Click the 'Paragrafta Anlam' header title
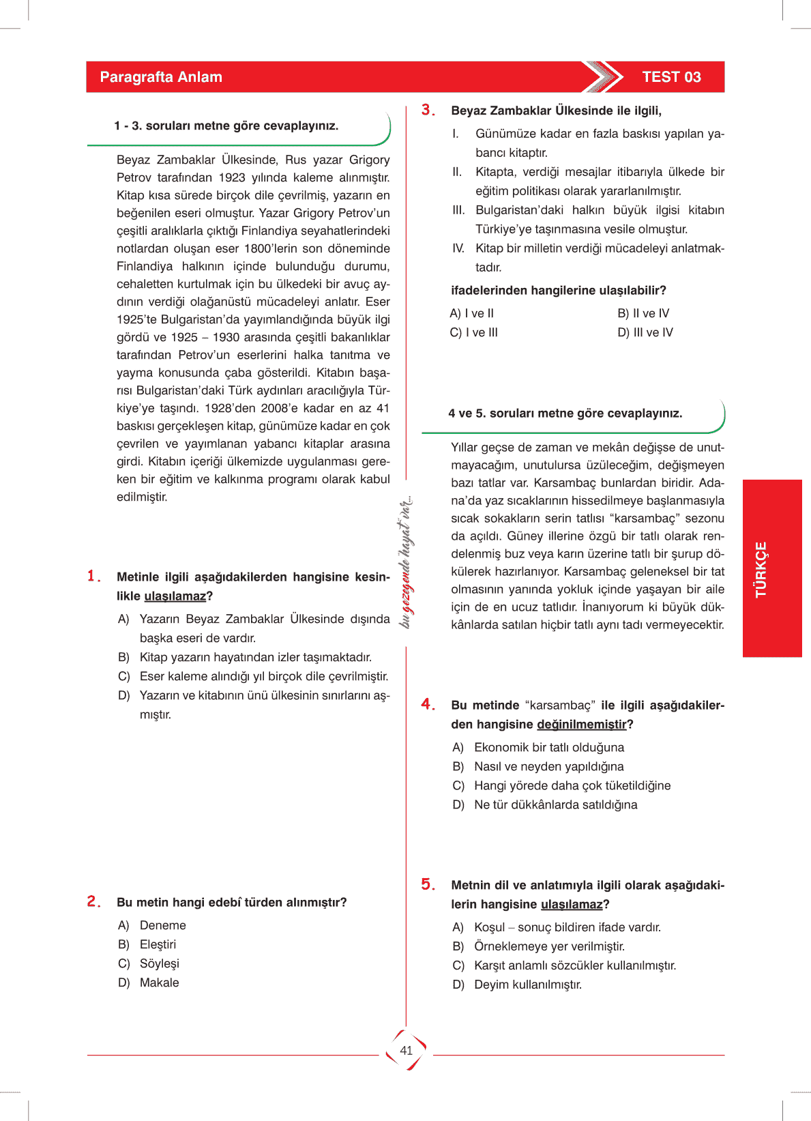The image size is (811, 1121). [x=161, y=77]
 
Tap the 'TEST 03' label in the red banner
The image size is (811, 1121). [x=671, y=77]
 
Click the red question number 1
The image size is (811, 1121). [x=93, y=577]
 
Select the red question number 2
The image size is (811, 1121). [x=93, y=901]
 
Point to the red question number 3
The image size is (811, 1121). [x=428, y=110]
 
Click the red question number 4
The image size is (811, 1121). [x=428, y=704]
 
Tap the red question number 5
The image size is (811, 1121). [x=428, y=884]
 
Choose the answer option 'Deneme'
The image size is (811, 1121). [x=162, y=925]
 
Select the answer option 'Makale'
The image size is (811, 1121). [x=159, y=982]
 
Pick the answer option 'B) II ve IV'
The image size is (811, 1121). [x=643, y=313]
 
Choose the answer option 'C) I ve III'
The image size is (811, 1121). [x=474, y=332]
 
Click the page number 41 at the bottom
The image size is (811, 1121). [x=407, y=1051]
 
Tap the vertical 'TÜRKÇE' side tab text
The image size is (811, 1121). [x=761, y=569]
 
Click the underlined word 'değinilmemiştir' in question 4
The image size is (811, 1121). [x=581, y=724]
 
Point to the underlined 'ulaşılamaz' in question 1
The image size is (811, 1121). [x=175, y=596]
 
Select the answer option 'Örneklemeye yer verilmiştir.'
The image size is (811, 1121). [x=549, y=946]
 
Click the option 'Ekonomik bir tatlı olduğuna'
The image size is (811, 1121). [x=549, y=747]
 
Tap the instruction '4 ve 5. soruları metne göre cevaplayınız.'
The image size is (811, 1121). [x=565, y=413]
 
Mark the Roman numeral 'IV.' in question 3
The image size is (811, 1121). [x=458, y=248]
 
